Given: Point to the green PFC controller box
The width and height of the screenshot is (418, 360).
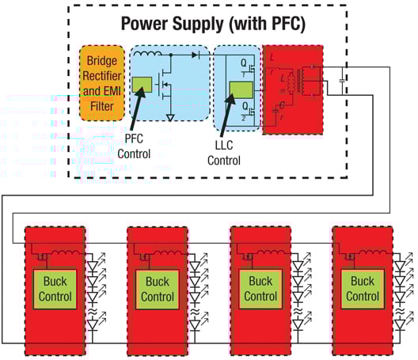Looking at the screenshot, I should pos(144,85).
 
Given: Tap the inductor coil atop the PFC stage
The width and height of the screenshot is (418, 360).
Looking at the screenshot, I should pos(152,55).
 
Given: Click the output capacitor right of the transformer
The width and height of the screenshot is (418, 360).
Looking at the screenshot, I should pos(341,81).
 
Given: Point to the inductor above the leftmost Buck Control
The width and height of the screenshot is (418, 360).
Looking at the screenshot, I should pos(63,255).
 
